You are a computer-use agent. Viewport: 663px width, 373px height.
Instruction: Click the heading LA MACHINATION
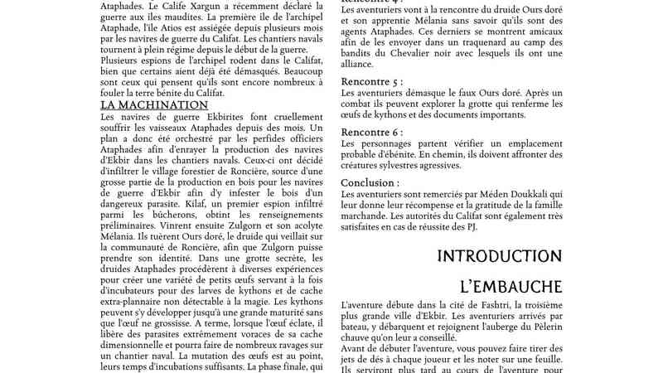(154, 105)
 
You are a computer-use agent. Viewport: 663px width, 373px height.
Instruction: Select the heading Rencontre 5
(373, 82)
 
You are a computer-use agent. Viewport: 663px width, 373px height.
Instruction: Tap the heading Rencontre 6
(373, 133)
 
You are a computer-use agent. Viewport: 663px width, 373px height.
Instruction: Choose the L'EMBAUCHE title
(511, 287)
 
